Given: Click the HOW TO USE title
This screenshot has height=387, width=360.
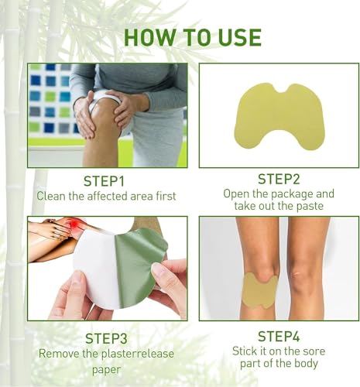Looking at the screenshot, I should point(192,37).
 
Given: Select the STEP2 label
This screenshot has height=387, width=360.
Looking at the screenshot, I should point(279,179).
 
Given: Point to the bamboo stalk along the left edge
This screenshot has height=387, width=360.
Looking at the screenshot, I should point(12,193).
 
